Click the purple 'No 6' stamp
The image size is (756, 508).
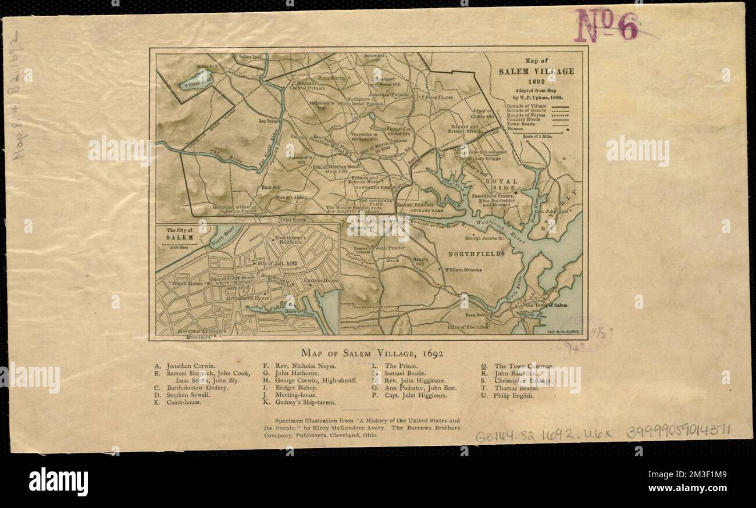607,26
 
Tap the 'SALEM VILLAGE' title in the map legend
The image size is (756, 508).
536,71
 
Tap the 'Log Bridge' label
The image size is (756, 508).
270,121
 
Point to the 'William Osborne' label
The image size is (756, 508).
463,270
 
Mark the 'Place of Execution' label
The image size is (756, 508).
468,327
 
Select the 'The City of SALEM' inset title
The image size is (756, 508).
180,234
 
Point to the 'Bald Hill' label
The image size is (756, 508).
271,188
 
